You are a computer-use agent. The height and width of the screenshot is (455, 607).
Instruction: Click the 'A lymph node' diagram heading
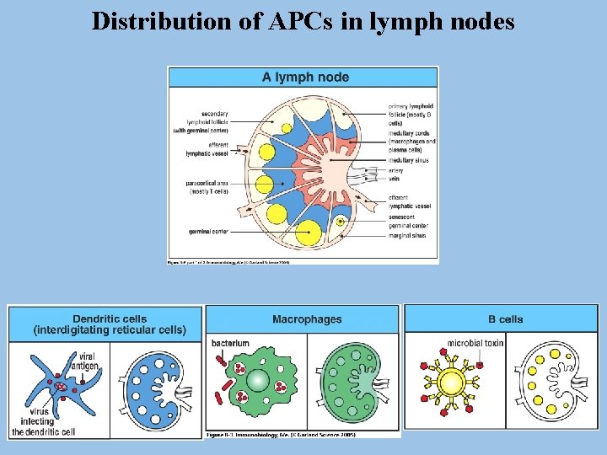304,78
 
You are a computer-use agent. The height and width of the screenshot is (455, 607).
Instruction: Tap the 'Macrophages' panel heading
307,319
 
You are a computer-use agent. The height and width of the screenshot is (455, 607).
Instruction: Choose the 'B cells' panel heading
505,319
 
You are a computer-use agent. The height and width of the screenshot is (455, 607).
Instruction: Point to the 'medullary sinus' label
408,159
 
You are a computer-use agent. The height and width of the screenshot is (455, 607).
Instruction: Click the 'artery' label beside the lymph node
396,169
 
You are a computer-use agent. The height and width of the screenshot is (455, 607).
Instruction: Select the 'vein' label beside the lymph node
394,178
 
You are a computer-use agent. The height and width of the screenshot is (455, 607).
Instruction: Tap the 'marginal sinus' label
407,236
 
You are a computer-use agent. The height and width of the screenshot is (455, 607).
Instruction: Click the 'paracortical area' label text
207,187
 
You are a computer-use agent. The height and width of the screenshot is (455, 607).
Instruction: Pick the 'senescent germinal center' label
408,221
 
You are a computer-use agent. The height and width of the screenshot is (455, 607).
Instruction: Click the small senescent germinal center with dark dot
340,223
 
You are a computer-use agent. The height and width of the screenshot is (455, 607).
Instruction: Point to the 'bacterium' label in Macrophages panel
230,344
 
